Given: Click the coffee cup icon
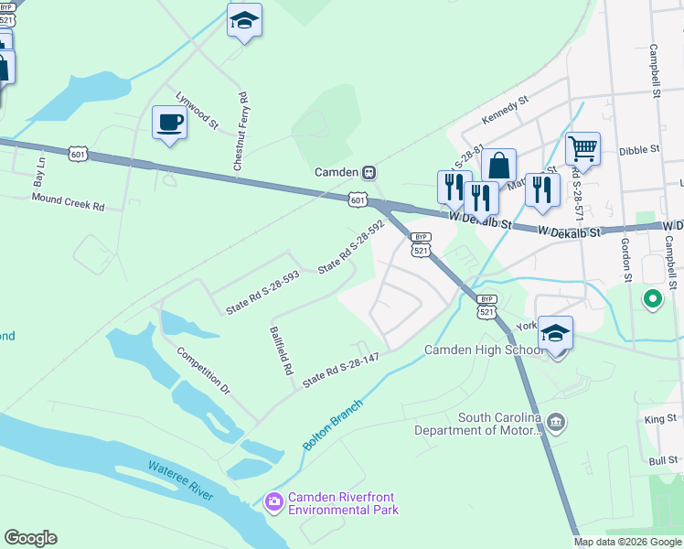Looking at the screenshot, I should tap(169, 123).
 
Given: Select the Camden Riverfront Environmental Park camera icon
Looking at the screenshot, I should tap(273, 501).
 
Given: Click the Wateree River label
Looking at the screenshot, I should tap(180, 480).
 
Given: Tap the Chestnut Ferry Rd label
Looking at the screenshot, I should tap(240, 133).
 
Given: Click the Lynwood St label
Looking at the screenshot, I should tap(197, 109).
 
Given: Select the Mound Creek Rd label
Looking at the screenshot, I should tap(69, 201).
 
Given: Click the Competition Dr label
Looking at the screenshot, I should tap(204, 371).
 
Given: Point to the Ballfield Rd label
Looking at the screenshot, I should tap(280, 351).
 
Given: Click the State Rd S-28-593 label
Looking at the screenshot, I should tap(262, 293).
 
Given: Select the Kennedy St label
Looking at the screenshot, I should tap(506, 113).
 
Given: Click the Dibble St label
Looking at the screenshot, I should tap(639, 149).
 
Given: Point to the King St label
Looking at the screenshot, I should tap(659, 419).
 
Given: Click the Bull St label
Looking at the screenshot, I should tap(661, 461).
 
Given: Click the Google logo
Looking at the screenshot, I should tap(30, 538).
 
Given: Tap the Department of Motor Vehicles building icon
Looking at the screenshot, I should tap(557, 421).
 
